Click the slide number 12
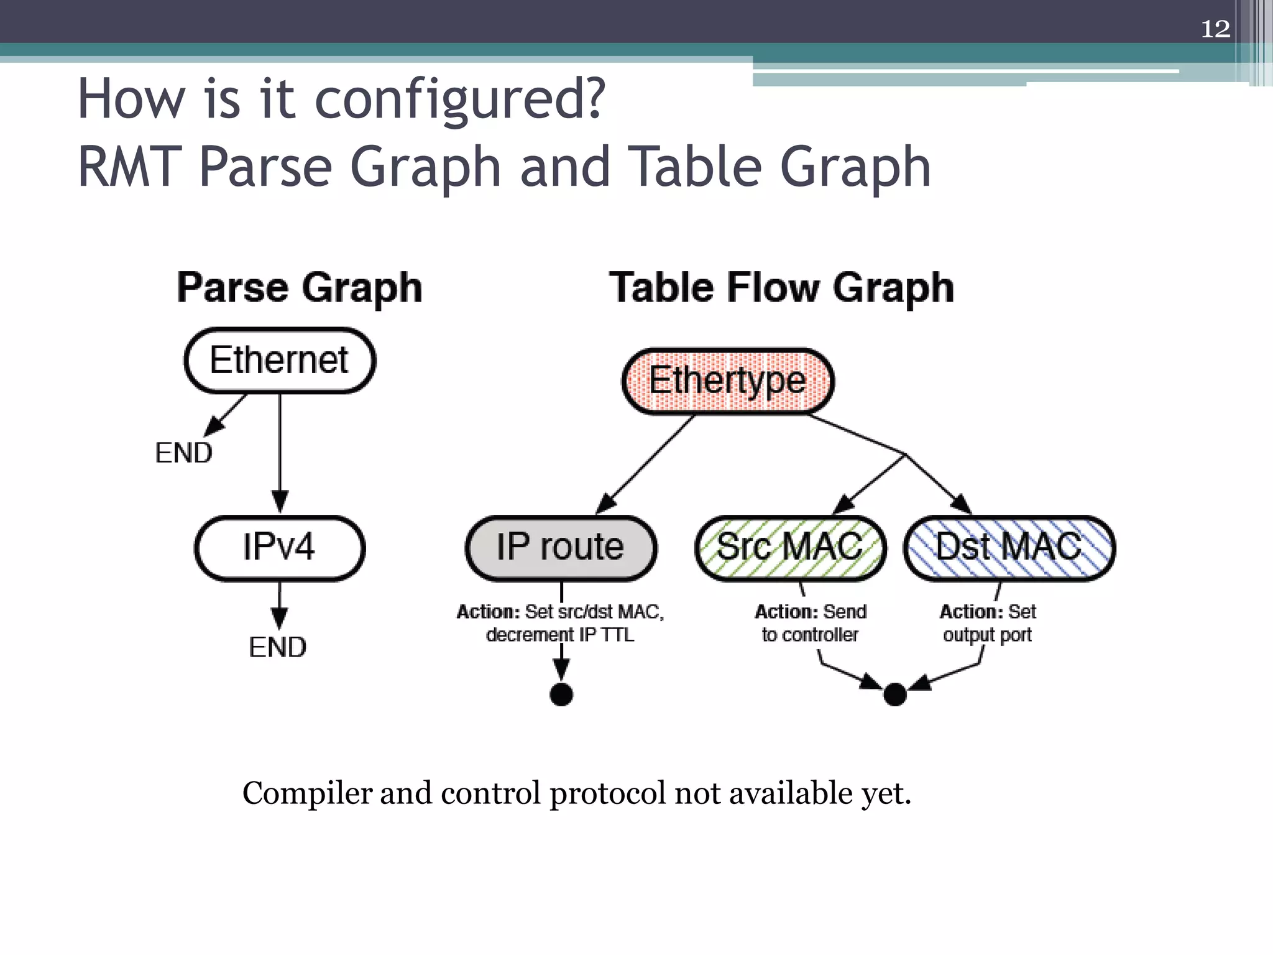pos(1215,29)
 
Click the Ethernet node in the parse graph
pos(280,361)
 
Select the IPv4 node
pos(280,548)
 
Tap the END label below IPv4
pos(277,647)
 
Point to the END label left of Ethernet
pos(183,453)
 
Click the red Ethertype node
pos(728,381)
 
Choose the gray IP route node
pos(561,548)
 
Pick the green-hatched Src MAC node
pos(790,548)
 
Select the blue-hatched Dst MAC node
pos(1009,548)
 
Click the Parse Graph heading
pos(300,288)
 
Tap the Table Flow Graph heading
pos(781,288)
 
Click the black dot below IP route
pos(561,694)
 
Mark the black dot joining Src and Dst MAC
pos(894,694)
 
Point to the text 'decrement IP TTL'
pos(560,635)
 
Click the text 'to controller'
pos(810,635)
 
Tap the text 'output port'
pos(987,635)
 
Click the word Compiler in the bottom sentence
pos(306,793)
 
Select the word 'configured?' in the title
pos(460,99)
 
